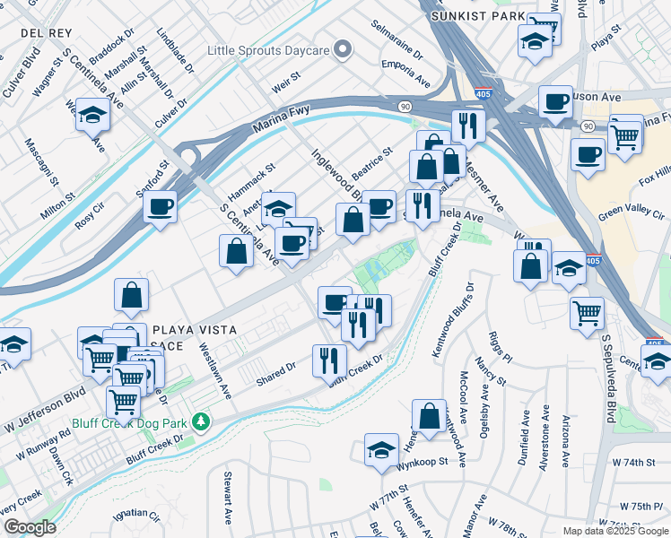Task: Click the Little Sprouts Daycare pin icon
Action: point(342,50)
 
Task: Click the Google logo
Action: point(30,527)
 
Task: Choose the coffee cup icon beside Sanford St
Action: point(160,207)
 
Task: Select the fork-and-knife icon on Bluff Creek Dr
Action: point(329,360)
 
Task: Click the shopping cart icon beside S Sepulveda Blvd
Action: point(587,313)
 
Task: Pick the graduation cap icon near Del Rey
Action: point(92,114)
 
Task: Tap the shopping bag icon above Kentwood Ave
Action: point(429,416)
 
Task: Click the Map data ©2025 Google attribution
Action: point(614,531)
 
